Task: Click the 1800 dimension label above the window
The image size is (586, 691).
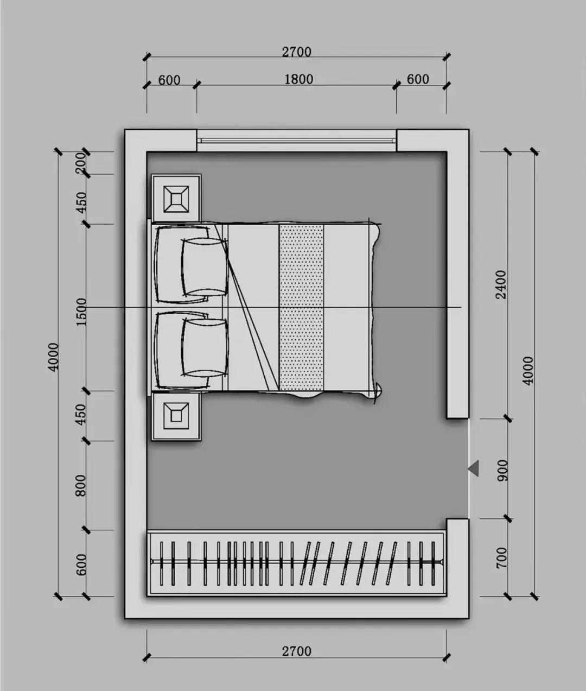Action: pyautogui.click(x=298, y=79)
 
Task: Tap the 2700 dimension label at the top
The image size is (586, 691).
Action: pyautogui.click(x=297, y=52)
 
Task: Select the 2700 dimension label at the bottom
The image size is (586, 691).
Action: pyautogui.click(x=297, y=651)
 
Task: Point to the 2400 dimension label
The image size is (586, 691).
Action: pyautogui.click(x=501, y=285)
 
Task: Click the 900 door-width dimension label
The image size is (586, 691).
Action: pyautogui.click(x=502, y=471)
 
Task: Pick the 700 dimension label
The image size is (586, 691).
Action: pyautogui.click(x=501, y=557)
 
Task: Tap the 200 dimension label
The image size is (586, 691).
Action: pyautogui.click(x=81, y=163)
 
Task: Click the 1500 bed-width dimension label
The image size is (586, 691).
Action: pyautogui.click(x=81, y=312)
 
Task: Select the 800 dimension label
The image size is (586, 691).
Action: pyautogui.click(x=81, y=485)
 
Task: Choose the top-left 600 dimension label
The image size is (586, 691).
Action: pyautogui.click(x=169, y=80)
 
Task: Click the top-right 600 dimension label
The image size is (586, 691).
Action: pyautogui.click(x=418, y=79)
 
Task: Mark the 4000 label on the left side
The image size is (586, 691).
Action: pyautogui.click(x=54, y=357)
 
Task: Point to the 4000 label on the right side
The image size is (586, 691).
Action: pyautogui.click(x=528, y=371)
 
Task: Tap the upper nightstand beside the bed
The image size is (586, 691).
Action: pyautogui.click(x=176, y=199)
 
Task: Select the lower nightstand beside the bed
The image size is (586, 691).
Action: pyautogui.click(x=176, y=416)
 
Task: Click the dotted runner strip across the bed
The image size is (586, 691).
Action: pyautogui.click(x=301, y=307)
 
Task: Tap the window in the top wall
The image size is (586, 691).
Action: pyautogui.click(x=296, y=141)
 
